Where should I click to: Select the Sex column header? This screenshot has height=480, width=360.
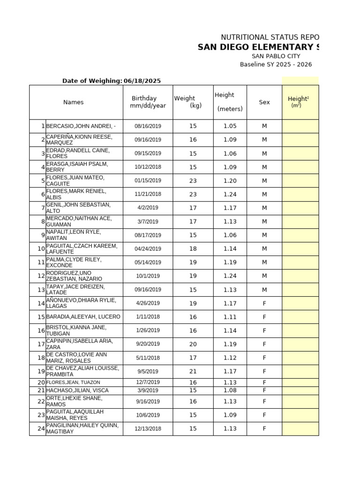(x=264, y=102)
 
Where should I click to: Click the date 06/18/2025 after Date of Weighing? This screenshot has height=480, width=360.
(x=142, y=81)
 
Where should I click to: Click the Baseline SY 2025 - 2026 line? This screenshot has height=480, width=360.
(x=276, y=65)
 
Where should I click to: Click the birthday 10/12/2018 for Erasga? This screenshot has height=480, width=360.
(x=148, y=167)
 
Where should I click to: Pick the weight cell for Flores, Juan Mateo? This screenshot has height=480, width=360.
(x=193, y=180)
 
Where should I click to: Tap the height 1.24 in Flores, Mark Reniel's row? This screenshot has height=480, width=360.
(x=230, y=194)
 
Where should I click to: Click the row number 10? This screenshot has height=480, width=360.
(x=41, y=248)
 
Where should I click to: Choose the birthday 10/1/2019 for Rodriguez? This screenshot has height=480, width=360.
(x=148, y=276)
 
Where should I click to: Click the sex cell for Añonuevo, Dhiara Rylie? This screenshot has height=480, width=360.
(x=264, y=303)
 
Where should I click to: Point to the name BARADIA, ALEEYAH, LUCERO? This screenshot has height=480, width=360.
(x=83, y=317)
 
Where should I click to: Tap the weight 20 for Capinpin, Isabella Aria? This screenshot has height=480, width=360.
(x=193, y=344)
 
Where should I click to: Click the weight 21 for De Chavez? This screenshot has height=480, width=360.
(x=193, y=371)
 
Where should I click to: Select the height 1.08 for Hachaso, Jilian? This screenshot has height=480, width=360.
(x=230, y=390)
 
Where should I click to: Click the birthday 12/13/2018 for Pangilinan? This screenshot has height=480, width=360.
(x=148, y=428)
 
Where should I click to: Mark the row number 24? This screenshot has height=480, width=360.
(x=41, y=428)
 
